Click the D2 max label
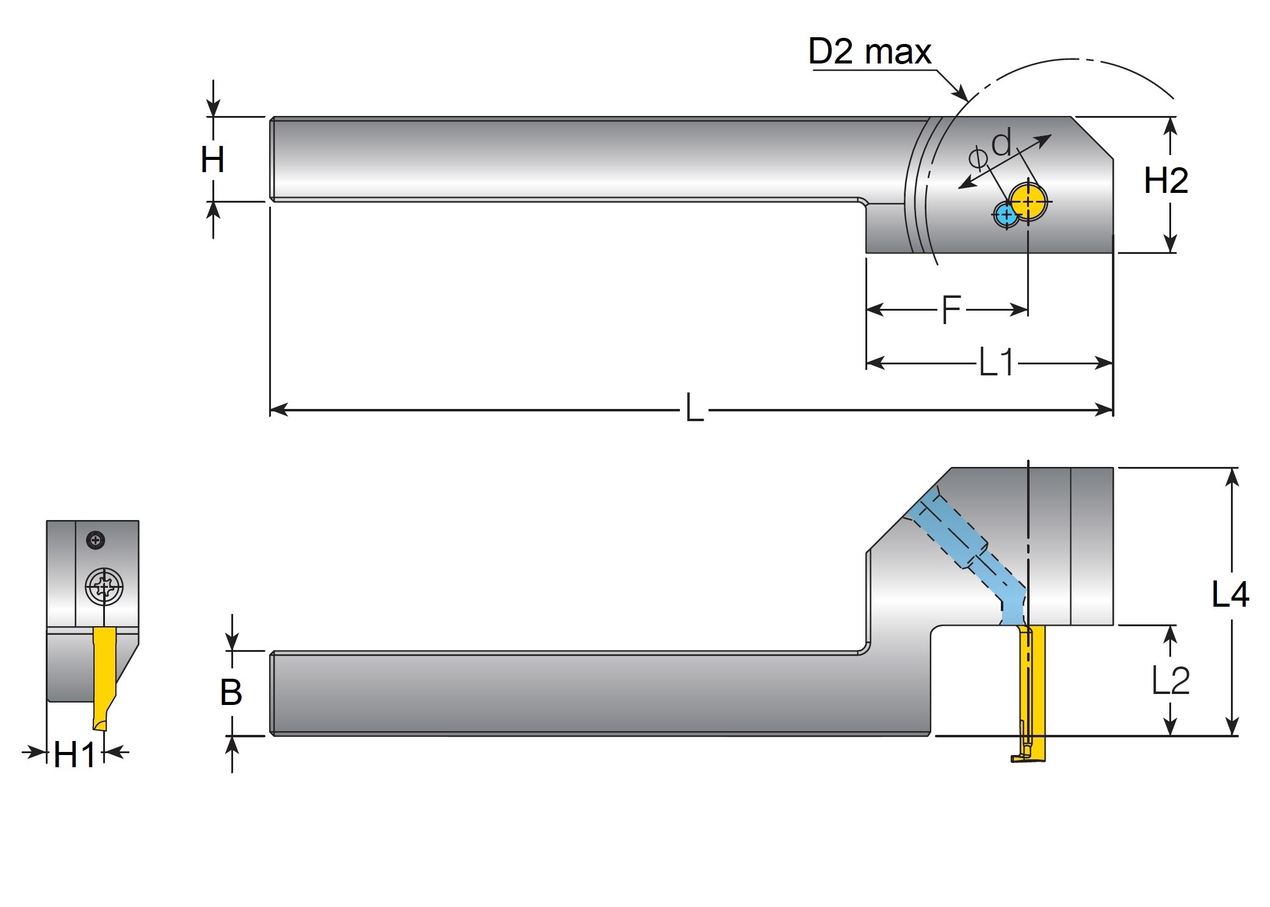click(869, 51)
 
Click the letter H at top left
click(212, 160)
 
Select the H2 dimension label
click(1166, 181)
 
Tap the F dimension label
click(951, 309)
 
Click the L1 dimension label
click(996, 363)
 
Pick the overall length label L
click(695, 409)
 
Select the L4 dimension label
click(1230, 594)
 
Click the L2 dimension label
click(1170, 681)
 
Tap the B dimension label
click(231, 693)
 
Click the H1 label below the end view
click(74, 754)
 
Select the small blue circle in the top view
click(1005, 215)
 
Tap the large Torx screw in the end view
click(104, 587)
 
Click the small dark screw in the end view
click(96, 540)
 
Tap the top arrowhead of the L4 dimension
click(1232, 477)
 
